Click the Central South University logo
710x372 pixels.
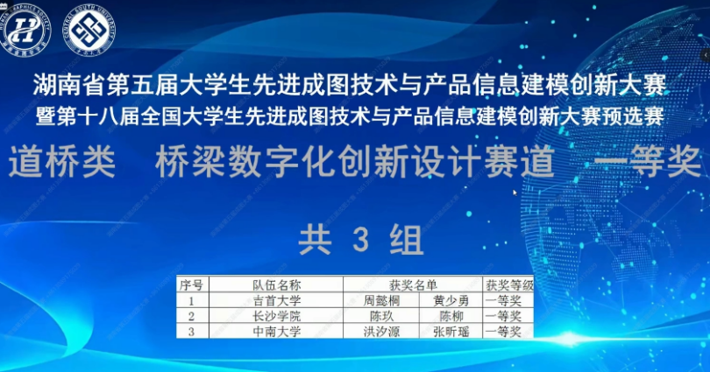tap(89, 28)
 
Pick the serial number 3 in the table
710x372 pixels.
tap(191, 332)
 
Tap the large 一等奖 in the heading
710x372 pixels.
tap(646, 162)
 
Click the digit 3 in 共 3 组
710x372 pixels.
tap(356, 237)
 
